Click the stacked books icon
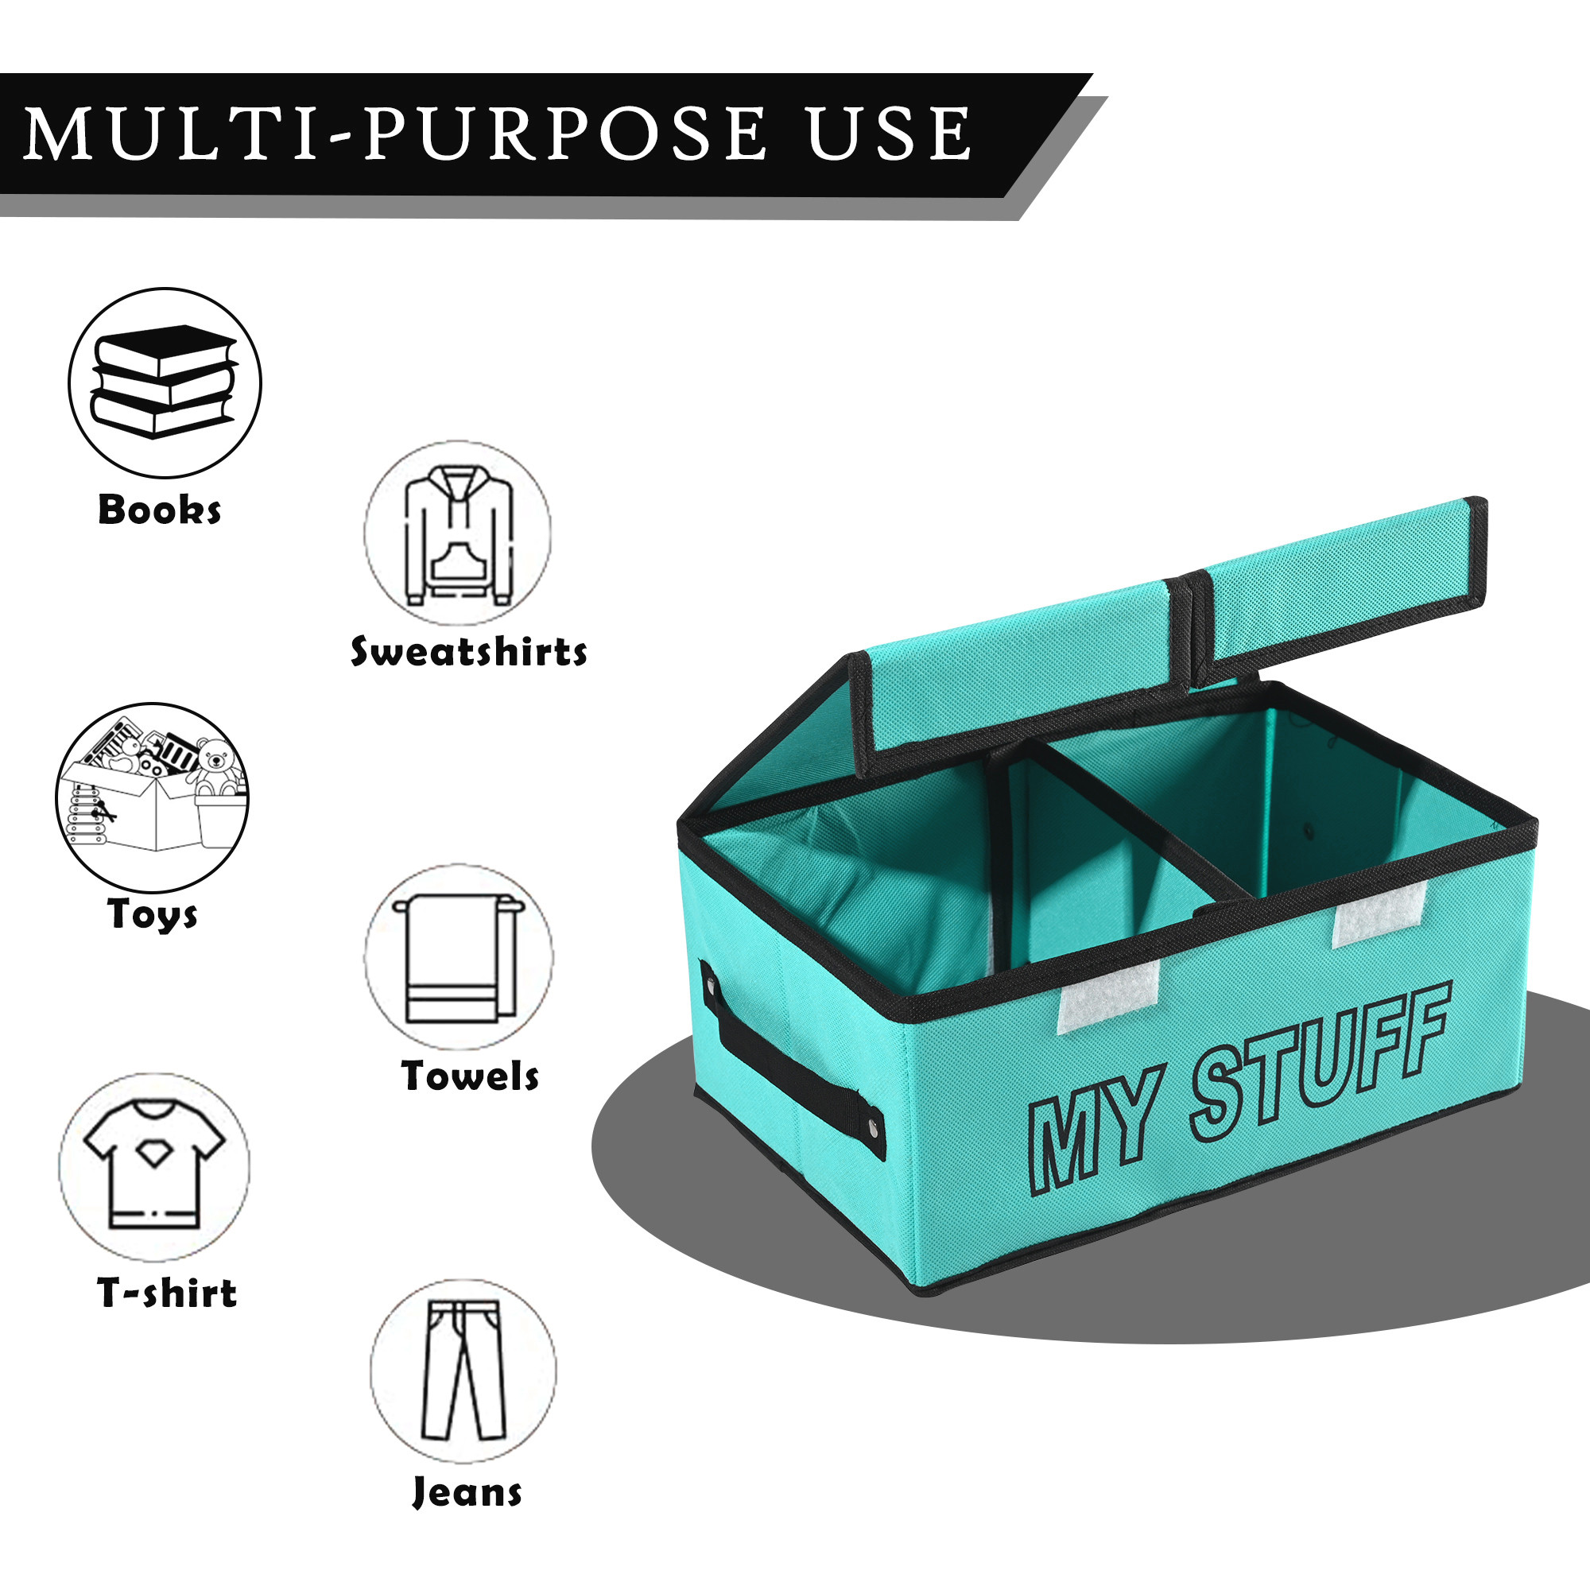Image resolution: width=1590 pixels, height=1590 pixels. pyautogui.click(x=164, y=382)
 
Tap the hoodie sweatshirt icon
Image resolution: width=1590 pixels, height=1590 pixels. pyautogui.click(x=459, y=535)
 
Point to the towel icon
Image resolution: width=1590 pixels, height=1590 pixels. pyautogui.click(x=458, y=958)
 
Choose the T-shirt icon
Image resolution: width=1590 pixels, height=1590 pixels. pyautogui.click(x=154, y=1167)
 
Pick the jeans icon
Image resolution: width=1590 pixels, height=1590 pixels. pyautogui.click(x=463, y=1371)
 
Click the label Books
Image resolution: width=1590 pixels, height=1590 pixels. pyautogui.click(x=160, y=510)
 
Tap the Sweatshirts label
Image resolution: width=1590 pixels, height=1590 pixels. pyautogui.click(x=469, y=653)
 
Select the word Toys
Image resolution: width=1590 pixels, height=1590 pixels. pyautogui.click(x=153, y=914)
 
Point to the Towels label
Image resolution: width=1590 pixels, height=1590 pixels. pyautogui.click(x=470, y=1076)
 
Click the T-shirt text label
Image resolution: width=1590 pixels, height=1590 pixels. pyautogui.click(x=167, y=1293)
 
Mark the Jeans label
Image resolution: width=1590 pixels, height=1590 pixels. pyautogui.click(x=467, y=1492)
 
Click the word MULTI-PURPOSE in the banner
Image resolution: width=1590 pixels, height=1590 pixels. pyautogui.click(x=395, y=134)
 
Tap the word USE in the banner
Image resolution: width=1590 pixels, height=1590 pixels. pyautogui.click(x=889, y=134)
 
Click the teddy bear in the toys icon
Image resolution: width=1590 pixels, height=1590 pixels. pyautogui.click(x=215, y=766)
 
